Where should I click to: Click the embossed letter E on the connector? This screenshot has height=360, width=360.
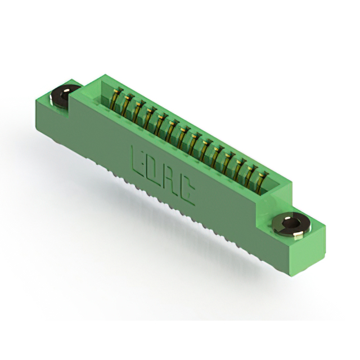(x=137, y=162)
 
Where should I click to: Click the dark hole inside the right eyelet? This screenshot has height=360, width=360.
(x=290, y=222)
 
